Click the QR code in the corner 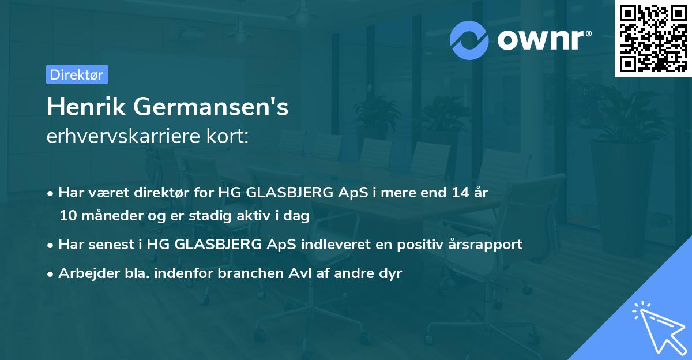point(653,39)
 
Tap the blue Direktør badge point(77,74)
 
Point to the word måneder point(108,216)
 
